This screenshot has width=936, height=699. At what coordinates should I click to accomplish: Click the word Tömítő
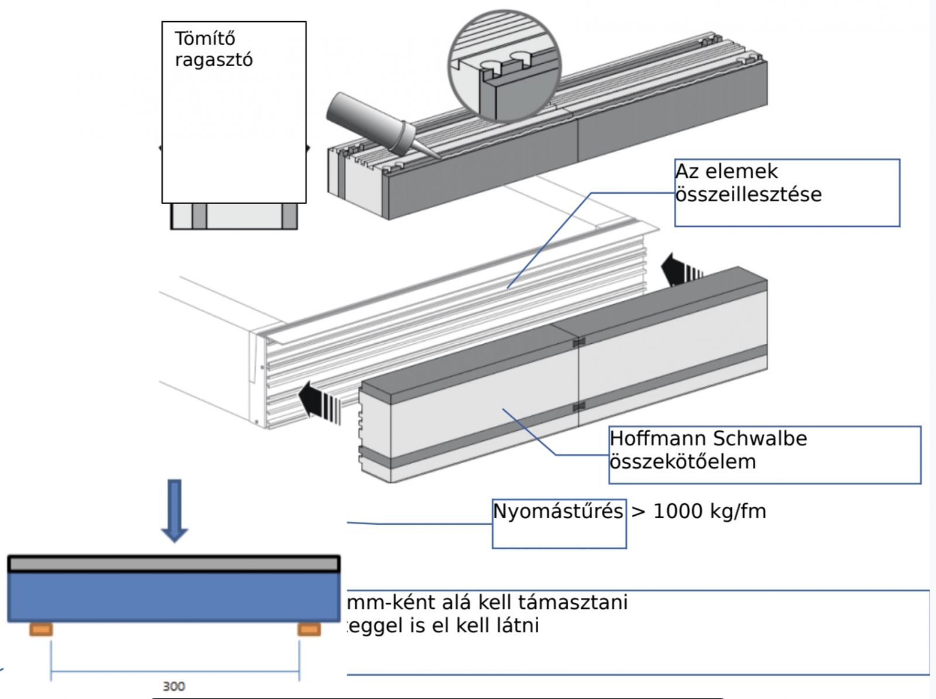pos(205,39)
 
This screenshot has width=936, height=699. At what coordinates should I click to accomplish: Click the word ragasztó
pos(214,60)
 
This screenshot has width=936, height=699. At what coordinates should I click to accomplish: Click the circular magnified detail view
pos(504,65)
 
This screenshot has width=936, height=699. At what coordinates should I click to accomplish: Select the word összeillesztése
pos(748,194)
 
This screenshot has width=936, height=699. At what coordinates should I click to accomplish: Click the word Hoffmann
pos(655,438)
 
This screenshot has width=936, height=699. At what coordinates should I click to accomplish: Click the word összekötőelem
pos(683,462)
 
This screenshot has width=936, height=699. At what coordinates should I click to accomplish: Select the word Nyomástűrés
pos(558,511)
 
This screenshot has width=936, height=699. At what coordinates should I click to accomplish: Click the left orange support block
pos(41,629)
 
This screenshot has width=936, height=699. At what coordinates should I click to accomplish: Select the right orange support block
pos(309,629)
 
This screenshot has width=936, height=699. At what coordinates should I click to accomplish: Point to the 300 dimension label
pos(173,686)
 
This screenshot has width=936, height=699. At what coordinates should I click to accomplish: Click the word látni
pos(518,625)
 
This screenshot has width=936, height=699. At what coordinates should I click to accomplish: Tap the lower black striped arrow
pos(319,401)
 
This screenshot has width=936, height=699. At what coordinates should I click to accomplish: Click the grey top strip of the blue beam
pos(173,564)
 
